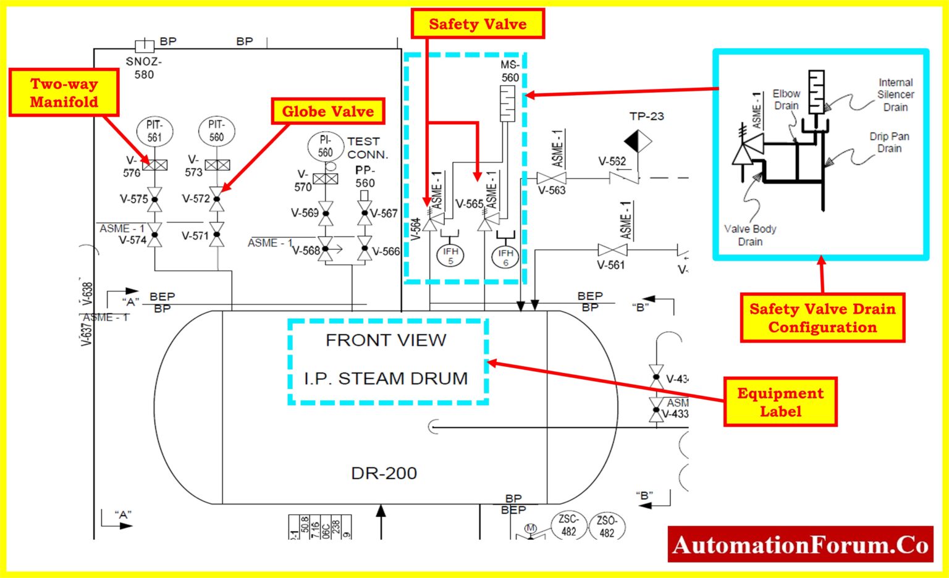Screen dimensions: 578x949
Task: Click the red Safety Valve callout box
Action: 478,24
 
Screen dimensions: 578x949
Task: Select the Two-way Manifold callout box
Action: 64,93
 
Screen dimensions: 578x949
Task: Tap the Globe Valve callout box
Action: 328,111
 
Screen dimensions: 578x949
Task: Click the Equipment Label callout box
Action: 780,402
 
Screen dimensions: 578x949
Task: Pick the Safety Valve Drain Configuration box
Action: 822,318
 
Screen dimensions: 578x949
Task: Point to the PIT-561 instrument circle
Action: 154,131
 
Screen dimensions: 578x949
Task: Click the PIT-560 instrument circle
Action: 216,131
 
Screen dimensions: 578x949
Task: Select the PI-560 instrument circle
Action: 326,146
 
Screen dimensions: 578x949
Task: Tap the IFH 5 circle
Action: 450,256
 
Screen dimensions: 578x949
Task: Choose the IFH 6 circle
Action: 505,257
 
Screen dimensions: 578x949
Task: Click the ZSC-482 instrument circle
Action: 568,525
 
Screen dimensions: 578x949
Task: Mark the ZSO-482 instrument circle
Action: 607,526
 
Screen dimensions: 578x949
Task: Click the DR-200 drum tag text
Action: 384,474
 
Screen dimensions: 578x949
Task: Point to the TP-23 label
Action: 646,116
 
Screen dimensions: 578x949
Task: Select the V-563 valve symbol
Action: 551,178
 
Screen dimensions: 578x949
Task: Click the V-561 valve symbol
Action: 612,250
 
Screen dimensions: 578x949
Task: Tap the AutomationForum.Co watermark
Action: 801,545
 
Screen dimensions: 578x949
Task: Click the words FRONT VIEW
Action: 386,340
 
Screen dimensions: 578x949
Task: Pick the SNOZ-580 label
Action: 144,68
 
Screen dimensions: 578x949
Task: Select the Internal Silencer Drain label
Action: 895,94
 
